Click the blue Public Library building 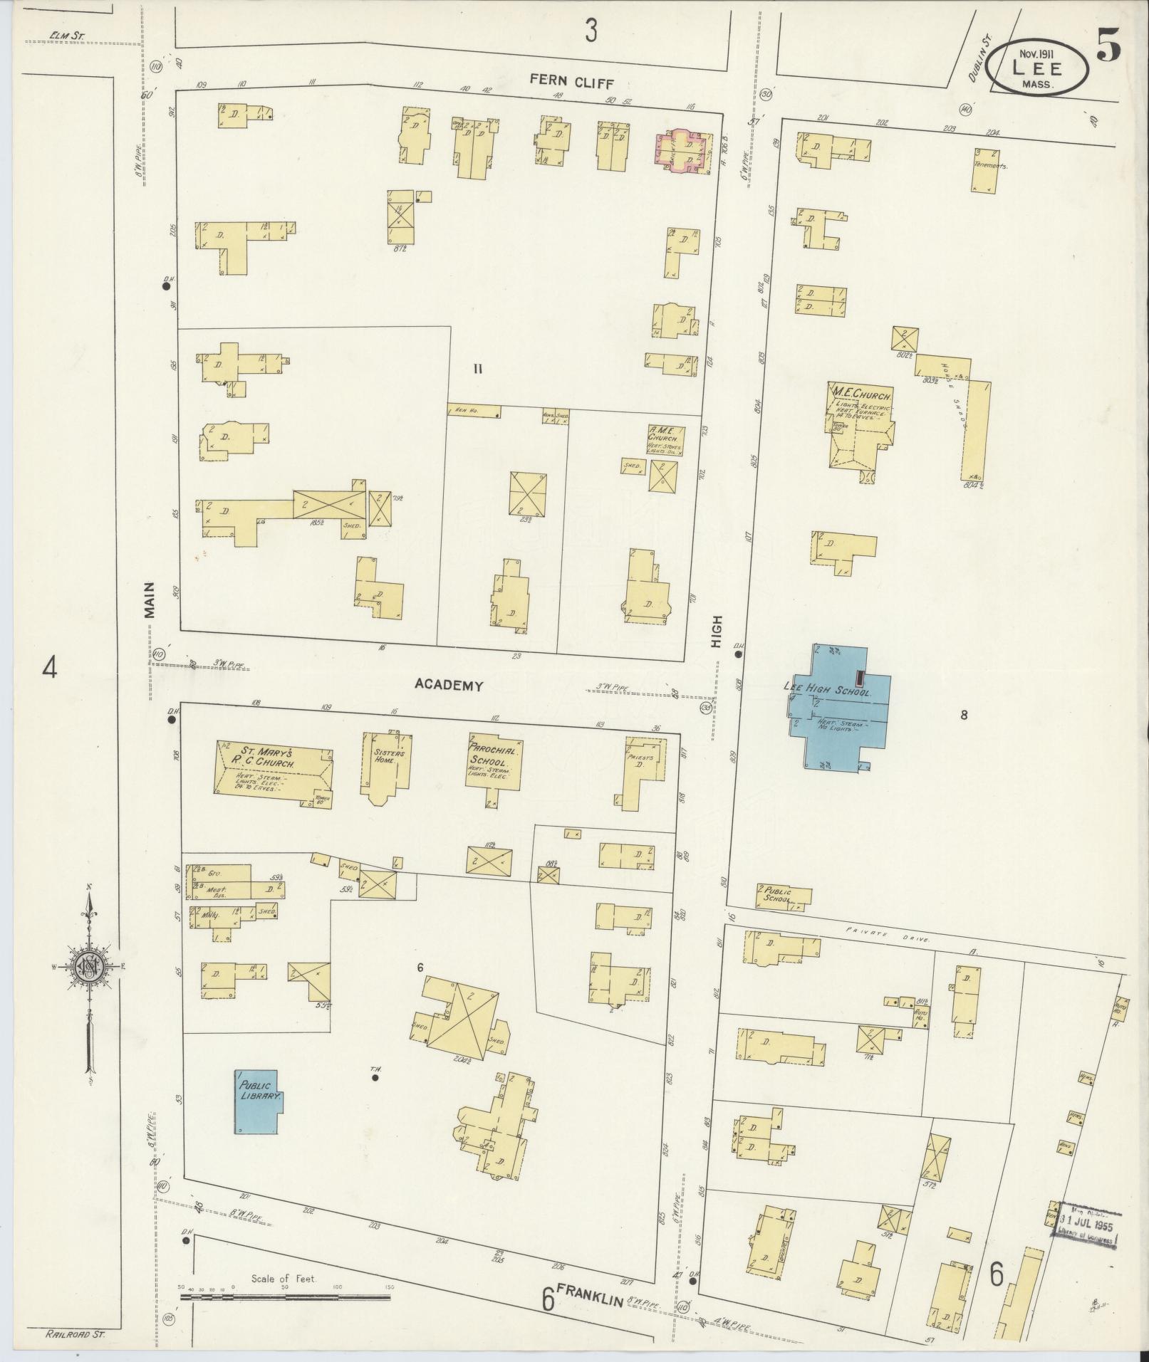[x=257, y=1111]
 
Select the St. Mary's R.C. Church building [x=274, y=769]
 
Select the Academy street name [x=449, y=685]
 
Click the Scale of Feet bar [x=285, y=1297]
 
